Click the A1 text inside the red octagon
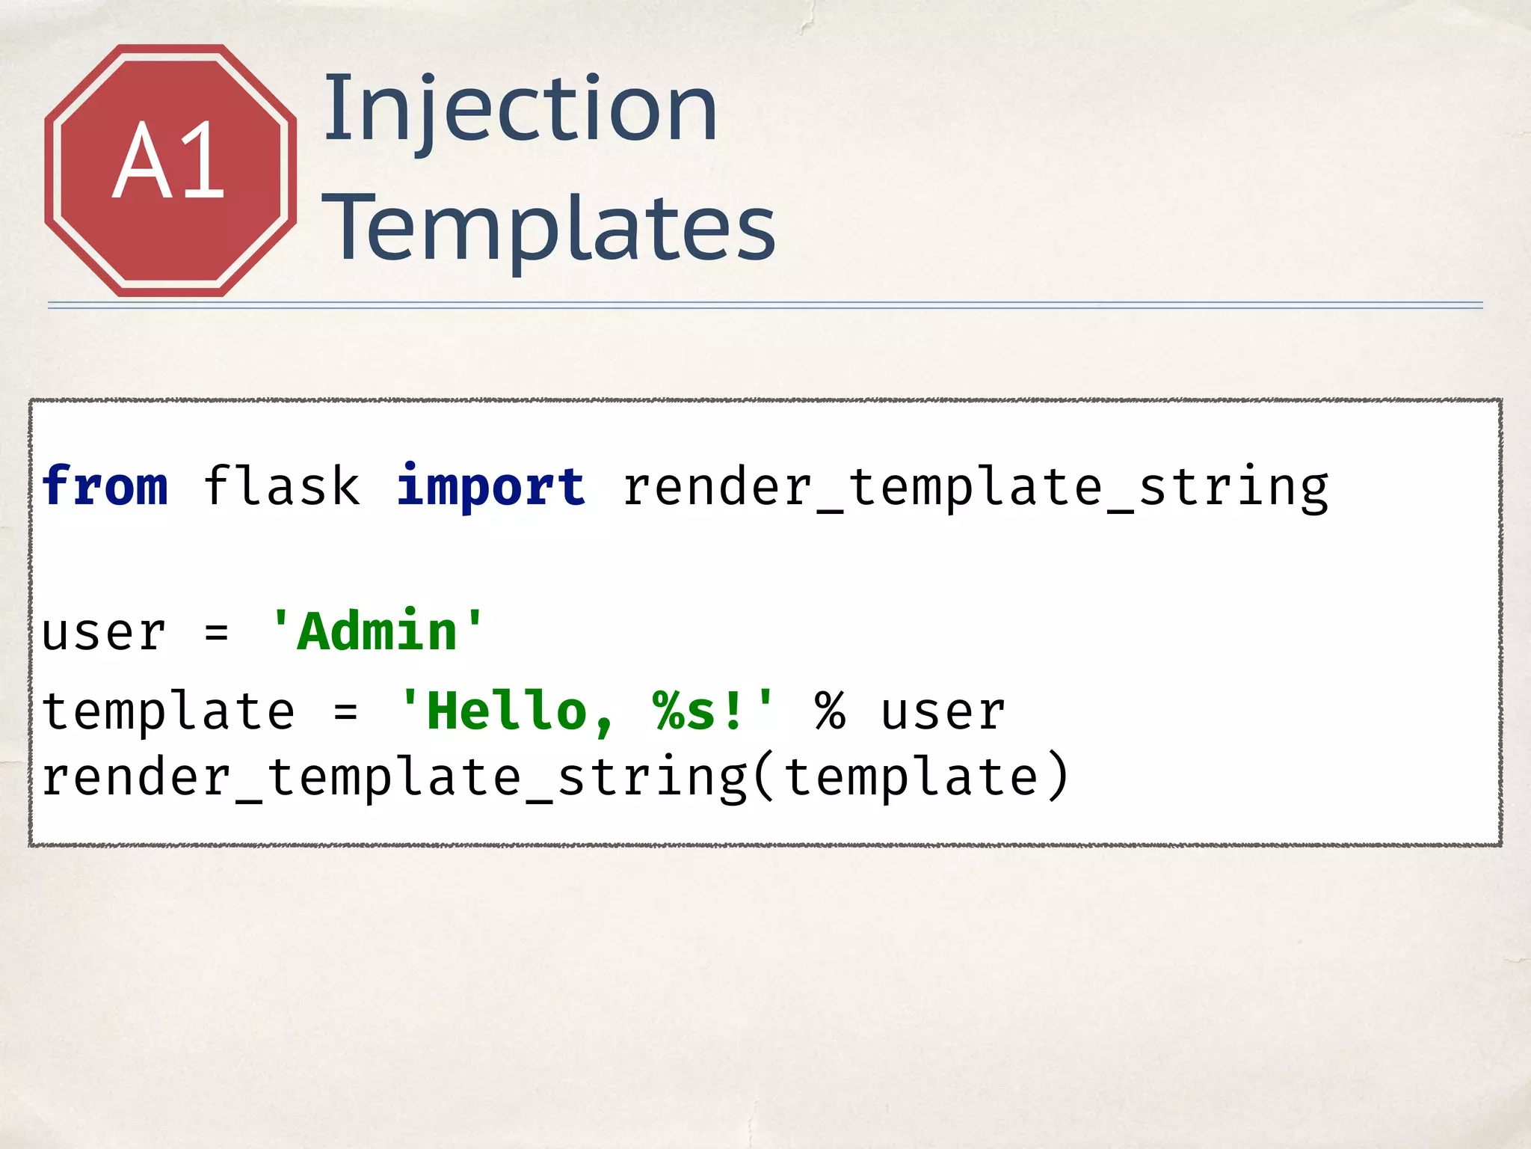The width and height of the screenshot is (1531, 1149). [x=169, y=162]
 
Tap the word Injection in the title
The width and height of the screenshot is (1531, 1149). [x=520, y=109]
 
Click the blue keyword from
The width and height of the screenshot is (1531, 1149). [x=105, y=486]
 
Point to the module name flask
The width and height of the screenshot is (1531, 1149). [x=282, y=486]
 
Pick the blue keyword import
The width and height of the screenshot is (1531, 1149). [x=490, y=488]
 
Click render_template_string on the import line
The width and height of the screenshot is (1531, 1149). [x=975, y=488]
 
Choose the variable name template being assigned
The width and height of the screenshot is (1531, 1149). [x=168, y=712]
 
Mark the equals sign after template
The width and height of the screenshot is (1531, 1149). [x=345, y=712]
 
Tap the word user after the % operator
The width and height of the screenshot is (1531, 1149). [x=943, y=712]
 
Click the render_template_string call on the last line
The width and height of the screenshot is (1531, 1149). [x=394, y=778]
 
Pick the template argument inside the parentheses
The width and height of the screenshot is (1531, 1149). [x=911, y=778]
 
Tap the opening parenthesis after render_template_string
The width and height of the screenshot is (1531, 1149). [x=764, y=778]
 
